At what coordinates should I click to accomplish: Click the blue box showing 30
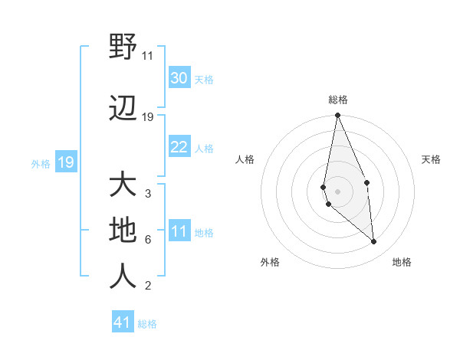coord(179,78)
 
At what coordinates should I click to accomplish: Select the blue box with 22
coord(179,147)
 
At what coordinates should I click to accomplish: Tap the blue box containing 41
coord(123,322)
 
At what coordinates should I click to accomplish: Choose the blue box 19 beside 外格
coord(66,162)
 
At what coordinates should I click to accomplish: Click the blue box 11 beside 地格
coord(179,231)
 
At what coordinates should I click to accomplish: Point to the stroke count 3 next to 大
coord(148,194)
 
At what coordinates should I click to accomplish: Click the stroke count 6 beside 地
coord(148,240)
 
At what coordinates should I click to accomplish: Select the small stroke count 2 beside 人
coord(148,286)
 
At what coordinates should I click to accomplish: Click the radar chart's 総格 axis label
coord(337,100)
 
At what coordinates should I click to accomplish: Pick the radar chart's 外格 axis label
coord(270,262)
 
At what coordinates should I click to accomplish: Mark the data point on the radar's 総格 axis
coord(337,116)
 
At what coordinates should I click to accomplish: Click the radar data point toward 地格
coord(373,241)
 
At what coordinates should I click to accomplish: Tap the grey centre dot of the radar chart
coord(337,191)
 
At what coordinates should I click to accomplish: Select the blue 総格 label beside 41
coord(147,324)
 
